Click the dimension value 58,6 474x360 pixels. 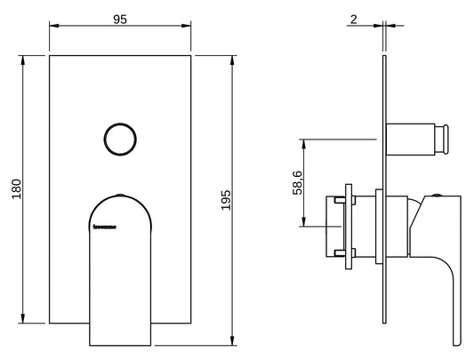(x=296, y=181)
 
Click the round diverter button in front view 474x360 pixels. (x=120, y=140)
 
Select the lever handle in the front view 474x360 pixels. (x=120, y=276)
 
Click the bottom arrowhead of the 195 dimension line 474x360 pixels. (x=233, y=342)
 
